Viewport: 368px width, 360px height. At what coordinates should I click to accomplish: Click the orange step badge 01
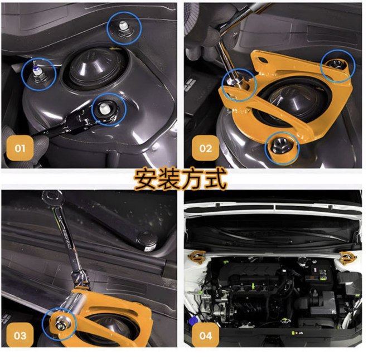click(20, 148)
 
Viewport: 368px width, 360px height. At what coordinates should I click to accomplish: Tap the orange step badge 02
click(206, 148)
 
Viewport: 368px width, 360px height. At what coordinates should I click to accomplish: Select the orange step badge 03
click(20, 335)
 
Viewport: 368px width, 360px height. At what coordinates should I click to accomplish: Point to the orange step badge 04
click(206, 335)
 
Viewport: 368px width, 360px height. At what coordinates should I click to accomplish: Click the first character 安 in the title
click(145, 179)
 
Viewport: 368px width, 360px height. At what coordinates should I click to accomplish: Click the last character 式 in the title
click(215, 179)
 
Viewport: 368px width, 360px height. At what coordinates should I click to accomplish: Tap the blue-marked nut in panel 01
click(37, 73)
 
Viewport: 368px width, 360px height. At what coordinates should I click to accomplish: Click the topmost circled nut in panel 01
click(122, 30)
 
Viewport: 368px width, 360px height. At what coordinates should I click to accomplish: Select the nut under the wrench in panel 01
click(104, 108)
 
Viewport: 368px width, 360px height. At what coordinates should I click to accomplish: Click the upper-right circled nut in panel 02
click(337, 64)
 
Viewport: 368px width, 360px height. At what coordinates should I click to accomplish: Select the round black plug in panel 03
click(147, 241)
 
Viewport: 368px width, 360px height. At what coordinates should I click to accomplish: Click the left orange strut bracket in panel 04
click(197, 257)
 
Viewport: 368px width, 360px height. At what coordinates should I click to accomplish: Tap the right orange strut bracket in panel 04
click(347, 257)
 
